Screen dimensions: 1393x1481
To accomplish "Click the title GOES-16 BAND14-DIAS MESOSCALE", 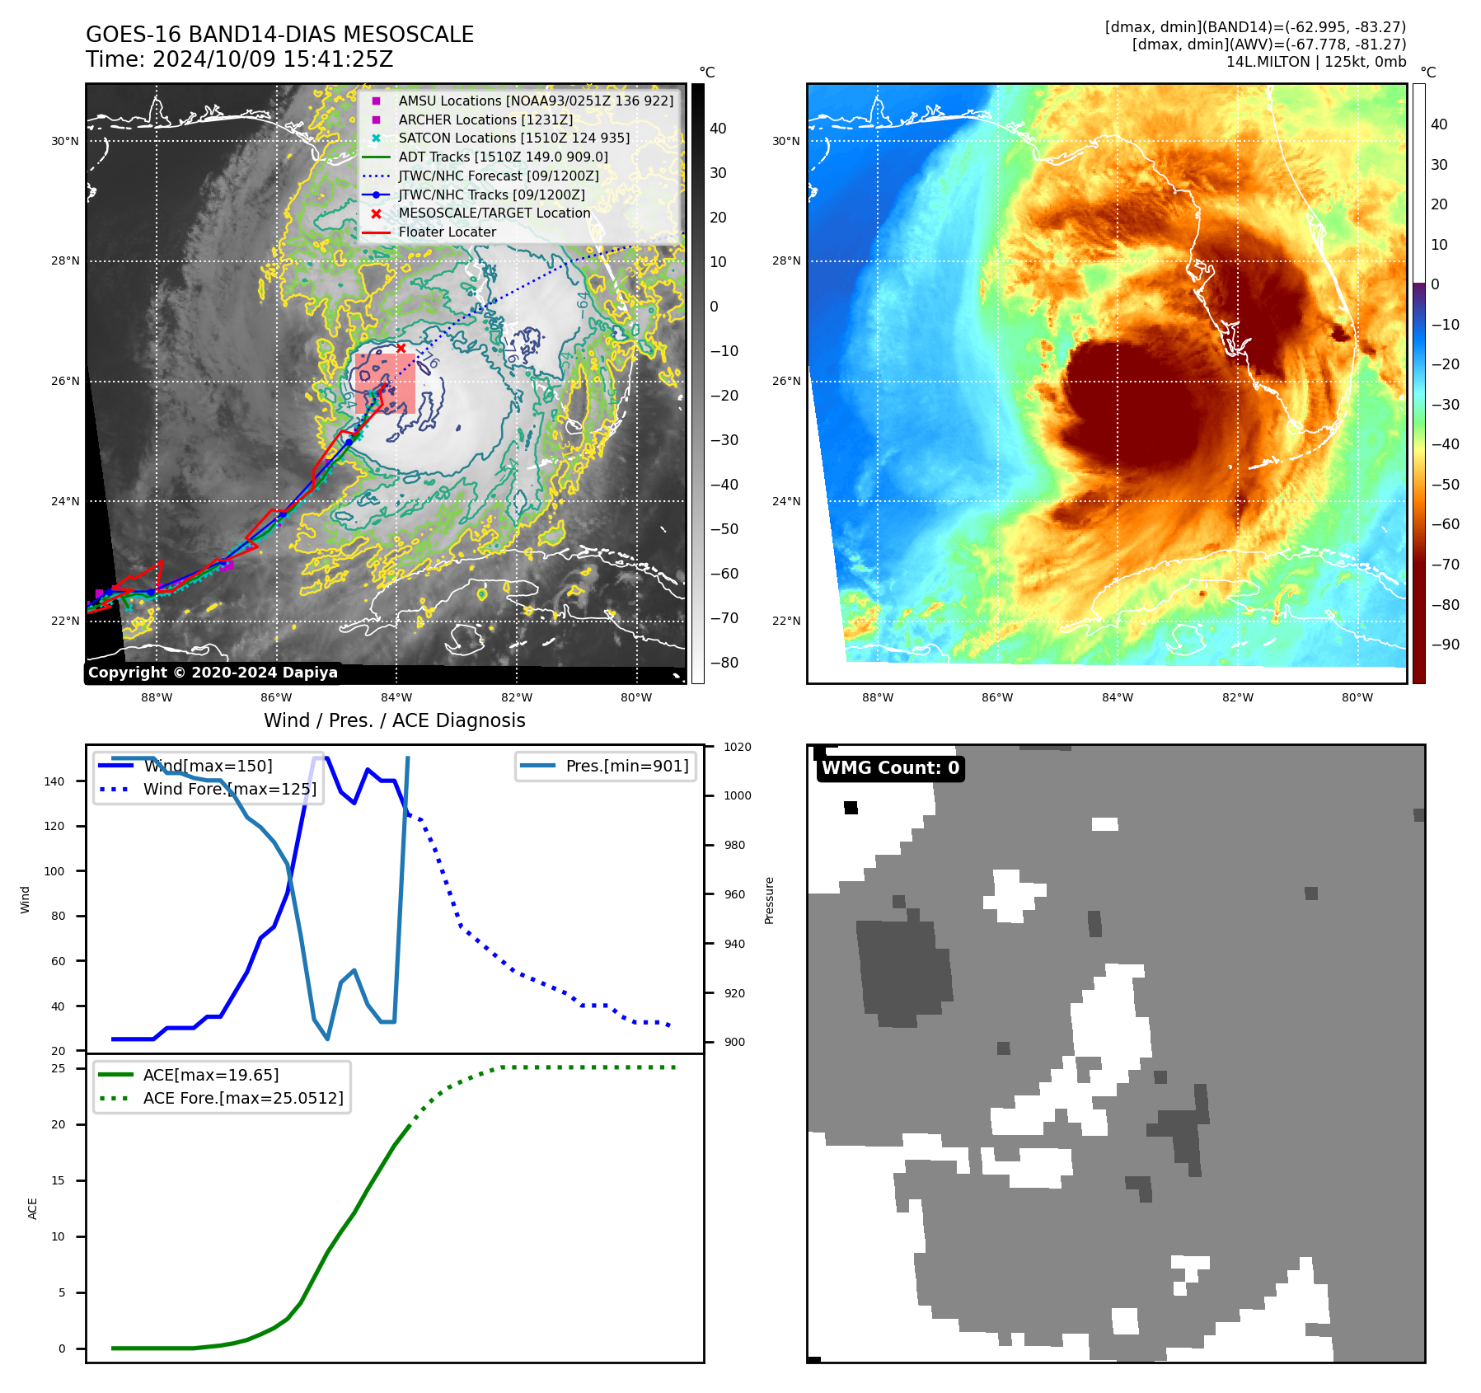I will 279,35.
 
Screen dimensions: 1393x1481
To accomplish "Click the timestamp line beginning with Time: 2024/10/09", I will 239,59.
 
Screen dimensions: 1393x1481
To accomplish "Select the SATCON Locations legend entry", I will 513,138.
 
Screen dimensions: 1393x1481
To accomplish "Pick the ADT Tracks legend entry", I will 503,157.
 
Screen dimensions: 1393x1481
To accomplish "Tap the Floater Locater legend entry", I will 447,232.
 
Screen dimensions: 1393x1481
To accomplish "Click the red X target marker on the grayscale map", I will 401,349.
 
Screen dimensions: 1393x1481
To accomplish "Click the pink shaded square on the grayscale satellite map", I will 385,384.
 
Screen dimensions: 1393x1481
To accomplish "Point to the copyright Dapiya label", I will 213,673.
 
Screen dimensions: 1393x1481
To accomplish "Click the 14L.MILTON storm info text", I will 1315,62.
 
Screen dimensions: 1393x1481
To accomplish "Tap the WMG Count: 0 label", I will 890,768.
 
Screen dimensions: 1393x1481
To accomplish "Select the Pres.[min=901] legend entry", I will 626,766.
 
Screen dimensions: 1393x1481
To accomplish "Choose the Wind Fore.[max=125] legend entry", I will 229,789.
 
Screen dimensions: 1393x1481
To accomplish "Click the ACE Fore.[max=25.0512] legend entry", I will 242,1098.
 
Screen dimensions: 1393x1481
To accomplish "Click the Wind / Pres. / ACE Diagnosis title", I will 394,720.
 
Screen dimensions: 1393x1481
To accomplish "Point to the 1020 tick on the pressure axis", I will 737,747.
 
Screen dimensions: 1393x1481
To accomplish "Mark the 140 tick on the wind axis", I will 54,781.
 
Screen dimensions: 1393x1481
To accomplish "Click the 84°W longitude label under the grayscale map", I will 396,697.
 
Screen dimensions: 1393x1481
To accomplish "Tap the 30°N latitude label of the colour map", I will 785,141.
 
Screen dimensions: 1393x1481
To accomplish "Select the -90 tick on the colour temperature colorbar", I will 1445,645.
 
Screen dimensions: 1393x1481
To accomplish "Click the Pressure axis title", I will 769,900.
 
